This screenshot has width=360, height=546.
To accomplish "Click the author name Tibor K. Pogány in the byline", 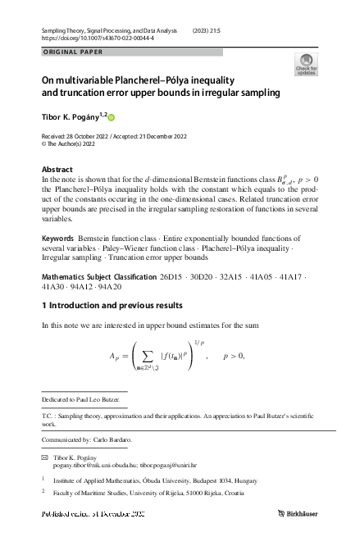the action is [x=71, y=116].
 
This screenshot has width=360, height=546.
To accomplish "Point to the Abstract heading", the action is [x=57, y=169].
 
